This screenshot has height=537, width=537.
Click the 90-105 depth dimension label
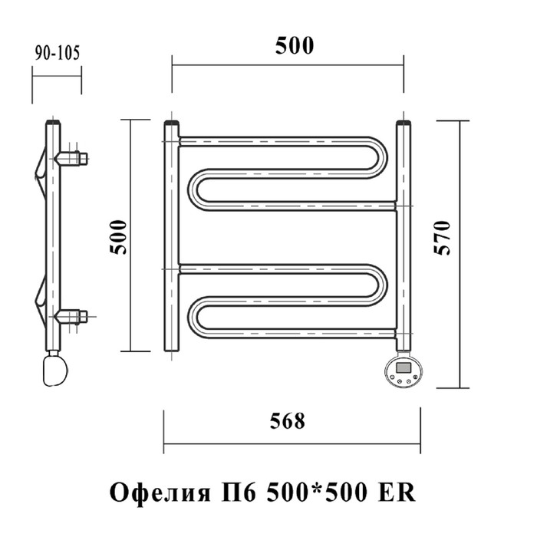pyautogui.click(x=58, y=53)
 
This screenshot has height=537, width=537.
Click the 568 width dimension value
pyautogui.click(x=288, y=420)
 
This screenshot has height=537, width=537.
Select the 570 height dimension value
pyautogui.click(x=442, y=238)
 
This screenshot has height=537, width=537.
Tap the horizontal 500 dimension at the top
pyautogui.click(x=295, y=45)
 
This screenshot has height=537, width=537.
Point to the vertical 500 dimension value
pyautogui.click(x=118, y=237)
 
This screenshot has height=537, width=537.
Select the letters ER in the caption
pyautogui.click(x=397, y=493)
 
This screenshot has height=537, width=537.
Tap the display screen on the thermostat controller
pyautogui.click(x=404, y=367)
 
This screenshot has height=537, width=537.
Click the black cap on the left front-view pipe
pyautogui.click(x=172, y=123)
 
